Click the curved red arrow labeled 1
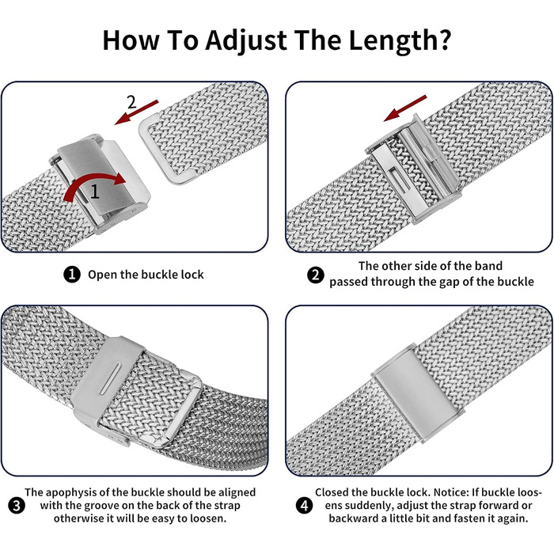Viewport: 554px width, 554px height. pyautogui.click(x=93, y=185)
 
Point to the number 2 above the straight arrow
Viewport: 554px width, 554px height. pyautogui.click(x=132, y=102)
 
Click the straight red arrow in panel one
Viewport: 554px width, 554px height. pyautogui.click(x=136, y=112)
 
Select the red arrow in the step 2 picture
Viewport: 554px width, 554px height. pyautogui.click(x=405, y=108)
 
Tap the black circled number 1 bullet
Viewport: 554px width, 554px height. pyautogui.click(x=72, y=275)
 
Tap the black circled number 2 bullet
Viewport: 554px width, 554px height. pyautogui.click(x=316, y=275)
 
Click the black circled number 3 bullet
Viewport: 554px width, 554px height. pyautogui.click(x=17, y=506)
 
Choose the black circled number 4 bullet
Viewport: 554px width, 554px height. pyautogui.click(x=304, y=506)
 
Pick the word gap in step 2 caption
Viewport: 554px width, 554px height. pyautogui.click(x=450, y=282)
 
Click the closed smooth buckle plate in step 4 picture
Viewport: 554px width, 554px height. pyautogui.click(x=419, y=393)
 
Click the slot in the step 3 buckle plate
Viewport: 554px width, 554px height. pyautogui.click(x=110, y=378)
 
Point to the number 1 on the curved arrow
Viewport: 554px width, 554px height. pyautogui.click(x=95, y=192)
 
